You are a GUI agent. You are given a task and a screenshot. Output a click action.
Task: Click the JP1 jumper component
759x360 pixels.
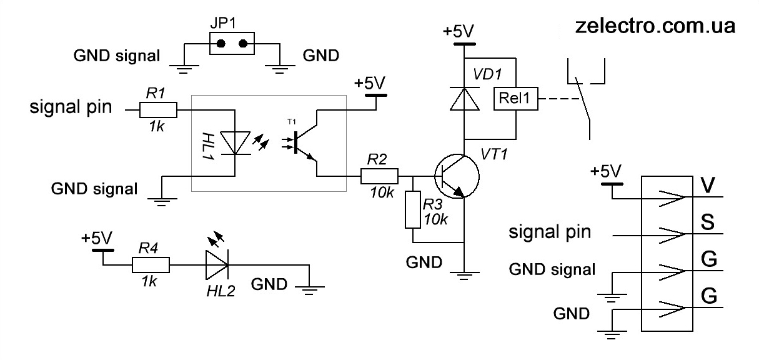coord(232,44)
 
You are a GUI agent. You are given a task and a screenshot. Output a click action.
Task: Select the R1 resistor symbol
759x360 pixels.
coord(158,111)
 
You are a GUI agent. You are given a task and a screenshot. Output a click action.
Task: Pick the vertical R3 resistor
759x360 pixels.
coord(414,210)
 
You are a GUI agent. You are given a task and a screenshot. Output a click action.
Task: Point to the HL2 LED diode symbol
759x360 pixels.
coord(216,266)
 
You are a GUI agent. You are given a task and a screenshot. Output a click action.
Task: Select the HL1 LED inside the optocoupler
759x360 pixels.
coord(234,142)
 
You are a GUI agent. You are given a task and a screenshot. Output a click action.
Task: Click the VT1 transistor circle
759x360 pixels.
coord(457,176)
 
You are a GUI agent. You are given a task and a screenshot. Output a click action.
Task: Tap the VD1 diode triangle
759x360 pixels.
coord(463,99)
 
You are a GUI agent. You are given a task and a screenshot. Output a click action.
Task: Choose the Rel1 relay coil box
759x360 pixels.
coord(515,99)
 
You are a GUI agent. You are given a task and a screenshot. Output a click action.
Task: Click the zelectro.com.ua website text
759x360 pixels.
coord(654,26)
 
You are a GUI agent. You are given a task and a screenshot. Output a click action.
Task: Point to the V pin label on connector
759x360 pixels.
coord(708,186)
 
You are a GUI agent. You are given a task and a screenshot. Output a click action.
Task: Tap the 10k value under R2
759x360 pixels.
coord(382,193)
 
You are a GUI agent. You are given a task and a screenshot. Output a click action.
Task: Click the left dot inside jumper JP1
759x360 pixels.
coord(221,44)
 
